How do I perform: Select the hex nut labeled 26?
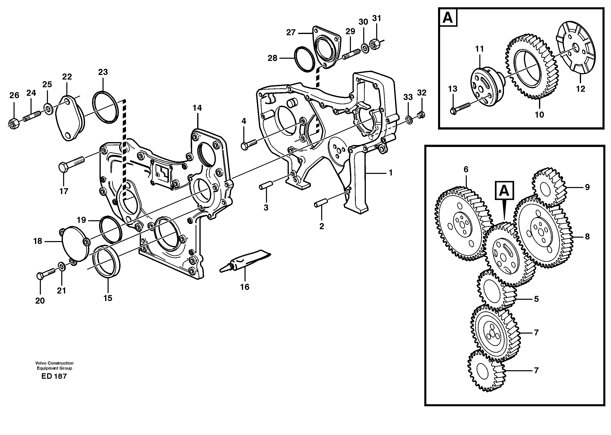pyautogui.click(x=13, y=124)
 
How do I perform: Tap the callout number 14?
pyautogui.click(x=197, y=108)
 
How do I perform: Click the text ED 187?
pyautogui.click(x=54, y=376)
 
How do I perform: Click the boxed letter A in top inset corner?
pyautogui.click(x=448, y=18)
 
